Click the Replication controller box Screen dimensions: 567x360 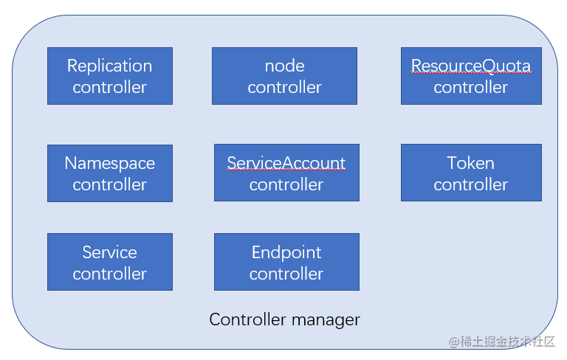[x=110, y=76]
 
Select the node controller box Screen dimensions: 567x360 [x=284, y=76]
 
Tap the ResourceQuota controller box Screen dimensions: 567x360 [x=471, y=76]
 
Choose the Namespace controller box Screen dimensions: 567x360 [x=110, y=173]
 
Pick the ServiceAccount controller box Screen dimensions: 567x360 [x=286, y=173]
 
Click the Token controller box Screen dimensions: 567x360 [x=471, y=173]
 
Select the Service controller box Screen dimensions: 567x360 [x=110, y=262]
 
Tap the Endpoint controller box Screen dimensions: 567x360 [x=286, y=262]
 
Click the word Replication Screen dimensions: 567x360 [x=109, y=66]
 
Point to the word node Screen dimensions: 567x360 [x=284, y=66]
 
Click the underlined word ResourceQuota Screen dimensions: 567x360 [x=471, y=66]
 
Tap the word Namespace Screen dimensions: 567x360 [x=109, y=164]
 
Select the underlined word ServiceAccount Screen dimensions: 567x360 [x=286, y=163]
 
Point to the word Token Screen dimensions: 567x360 [x=471, y=163]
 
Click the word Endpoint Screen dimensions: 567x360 [x=286, y=252]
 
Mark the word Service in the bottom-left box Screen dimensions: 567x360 [x=109, y=252]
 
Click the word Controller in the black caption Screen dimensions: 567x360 [x=248, y=319]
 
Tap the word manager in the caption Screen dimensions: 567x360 [x=326, y=321]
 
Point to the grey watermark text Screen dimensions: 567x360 [x=501, y=342]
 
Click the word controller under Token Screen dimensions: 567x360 [x=471, y=184]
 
